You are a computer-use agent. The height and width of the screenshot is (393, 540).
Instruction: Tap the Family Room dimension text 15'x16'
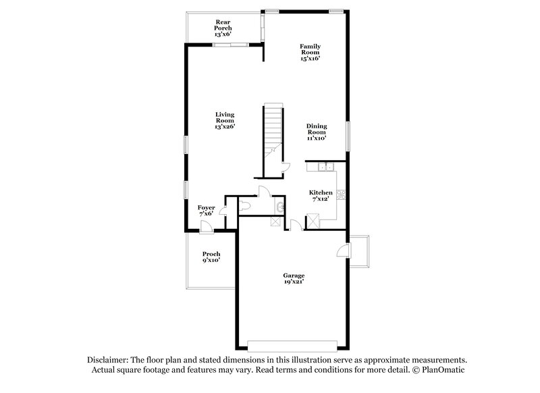(x=310, y=59)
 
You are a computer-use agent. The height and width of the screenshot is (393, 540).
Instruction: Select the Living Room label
(x=225, y=117)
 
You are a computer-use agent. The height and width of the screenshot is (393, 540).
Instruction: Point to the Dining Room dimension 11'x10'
(x=316, y=138)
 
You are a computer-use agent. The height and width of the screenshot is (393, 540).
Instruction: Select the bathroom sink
(x=279, y=205)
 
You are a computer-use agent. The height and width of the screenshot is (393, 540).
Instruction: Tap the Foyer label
(x=207, y=207)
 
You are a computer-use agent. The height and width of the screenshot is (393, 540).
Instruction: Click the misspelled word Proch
(x=211, y=254)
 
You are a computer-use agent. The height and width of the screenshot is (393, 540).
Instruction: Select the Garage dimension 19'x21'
(x=294, y=282)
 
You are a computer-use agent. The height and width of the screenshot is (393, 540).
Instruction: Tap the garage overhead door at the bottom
(x=292, y=345)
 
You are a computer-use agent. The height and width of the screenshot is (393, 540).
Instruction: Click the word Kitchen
(x=321, y=192)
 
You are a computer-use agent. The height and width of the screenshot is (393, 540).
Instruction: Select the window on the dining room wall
(x=349, y=136)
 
